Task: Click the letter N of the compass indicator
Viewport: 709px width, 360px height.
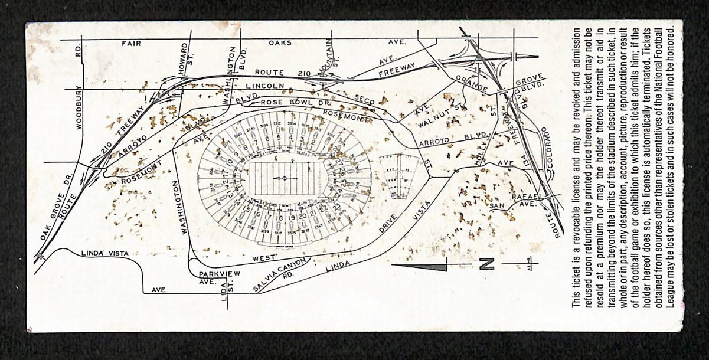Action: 486,265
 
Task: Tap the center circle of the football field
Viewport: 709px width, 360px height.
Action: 284,178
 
